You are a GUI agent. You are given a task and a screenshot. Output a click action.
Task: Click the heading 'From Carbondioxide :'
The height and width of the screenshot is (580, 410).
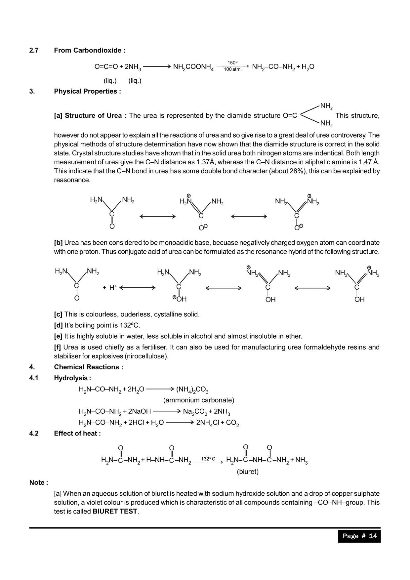[x=90, y=50]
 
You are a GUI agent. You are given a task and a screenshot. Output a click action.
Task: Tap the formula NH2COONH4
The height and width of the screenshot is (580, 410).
[x=193, y=67]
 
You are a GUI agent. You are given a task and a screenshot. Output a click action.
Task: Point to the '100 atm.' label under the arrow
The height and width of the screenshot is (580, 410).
[x=232, y=69]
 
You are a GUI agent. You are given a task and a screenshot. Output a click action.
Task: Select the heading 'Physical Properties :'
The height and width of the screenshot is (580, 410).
[x=87, y=91]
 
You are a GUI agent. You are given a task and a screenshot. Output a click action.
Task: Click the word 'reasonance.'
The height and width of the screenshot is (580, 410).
[x=72, y=180]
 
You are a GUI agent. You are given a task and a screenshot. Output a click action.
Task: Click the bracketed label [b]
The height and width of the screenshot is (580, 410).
[x=58, y=243]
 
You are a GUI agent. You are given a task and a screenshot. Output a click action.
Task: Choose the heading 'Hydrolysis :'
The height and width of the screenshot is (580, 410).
[x=72, y=378]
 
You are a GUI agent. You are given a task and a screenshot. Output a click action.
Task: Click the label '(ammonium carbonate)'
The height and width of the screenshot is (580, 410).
[x=199, y=400]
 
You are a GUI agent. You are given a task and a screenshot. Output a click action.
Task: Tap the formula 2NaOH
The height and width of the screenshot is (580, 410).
[x=139, y=411]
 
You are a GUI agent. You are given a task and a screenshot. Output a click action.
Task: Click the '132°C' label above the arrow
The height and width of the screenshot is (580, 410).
[x=208, y=459]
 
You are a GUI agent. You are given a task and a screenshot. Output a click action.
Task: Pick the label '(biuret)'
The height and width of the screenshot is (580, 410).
[x=248, y=472]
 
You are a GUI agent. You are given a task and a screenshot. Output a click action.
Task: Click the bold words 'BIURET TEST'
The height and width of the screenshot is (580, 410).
[x=115, y=511]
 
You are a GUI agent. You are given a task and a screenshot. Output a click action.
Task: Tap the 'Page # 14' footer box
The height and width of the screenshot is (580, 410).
[x=359, y=536]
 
